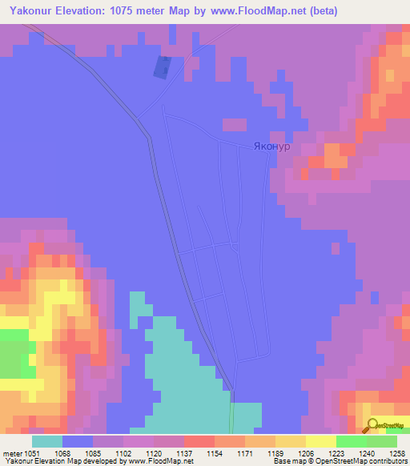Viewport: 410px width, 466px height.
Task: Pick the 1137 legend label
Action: point(183,452)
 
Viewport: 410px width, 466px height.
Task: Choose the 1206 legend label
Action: point(305,452)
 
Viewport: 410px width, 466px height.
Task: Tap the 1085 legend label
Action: point(92,452)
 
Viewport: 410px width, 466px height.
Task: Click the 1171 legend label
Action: point(244,452)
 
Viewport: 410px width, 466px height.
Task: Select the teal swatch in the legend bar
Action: point(47,441)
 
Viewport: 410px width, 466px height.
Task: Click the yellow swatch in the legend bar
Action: point(321,441)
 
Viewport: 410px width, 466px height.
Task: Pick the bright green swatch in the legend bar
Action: point(352,441)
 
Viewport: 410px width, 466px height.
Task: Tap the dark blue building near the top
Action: point(162,68)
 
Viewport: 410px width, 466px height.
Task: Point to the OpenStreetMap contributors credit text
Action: point(358,462)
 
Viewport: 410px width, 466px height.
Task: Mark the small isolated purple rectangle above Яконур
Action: point(235,124)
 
